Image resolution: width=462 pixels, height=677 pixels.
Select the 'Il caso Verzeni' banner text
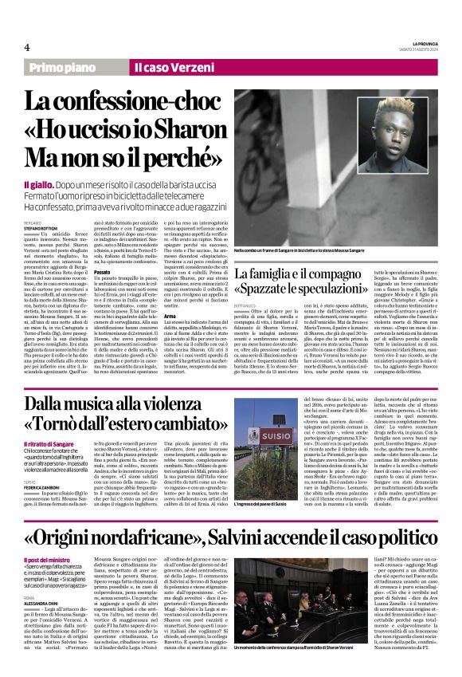coord(170,69)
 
